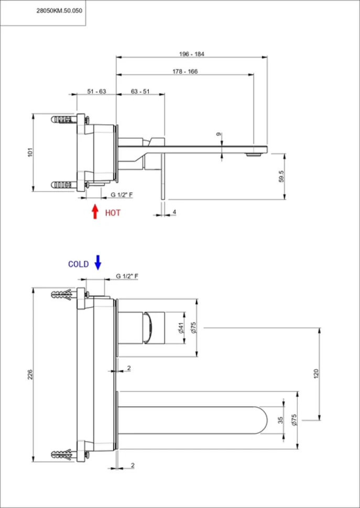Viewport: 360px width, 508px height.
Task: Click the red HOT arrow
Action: pos(95,211)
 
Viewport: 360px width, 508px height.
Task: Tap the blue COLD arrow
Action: pos(97,262)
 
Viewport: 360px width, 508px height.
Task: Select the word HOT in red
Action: pos(113,213)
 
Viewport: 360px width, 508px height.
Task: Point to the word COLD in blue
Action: pos(79,264)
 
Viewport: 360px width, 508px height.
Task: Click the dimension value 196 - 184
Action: pos(192,54)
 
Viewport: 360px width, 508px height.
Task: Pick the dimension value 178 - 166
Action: pos(185,72)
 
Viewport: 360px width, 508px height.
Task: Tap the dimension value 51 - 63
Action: pos(96,91)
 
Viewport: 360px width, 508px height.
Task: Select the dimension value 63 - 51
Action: pos(140,91)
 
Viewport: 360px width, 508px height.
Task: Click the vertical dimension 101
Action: pos(30,152)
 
